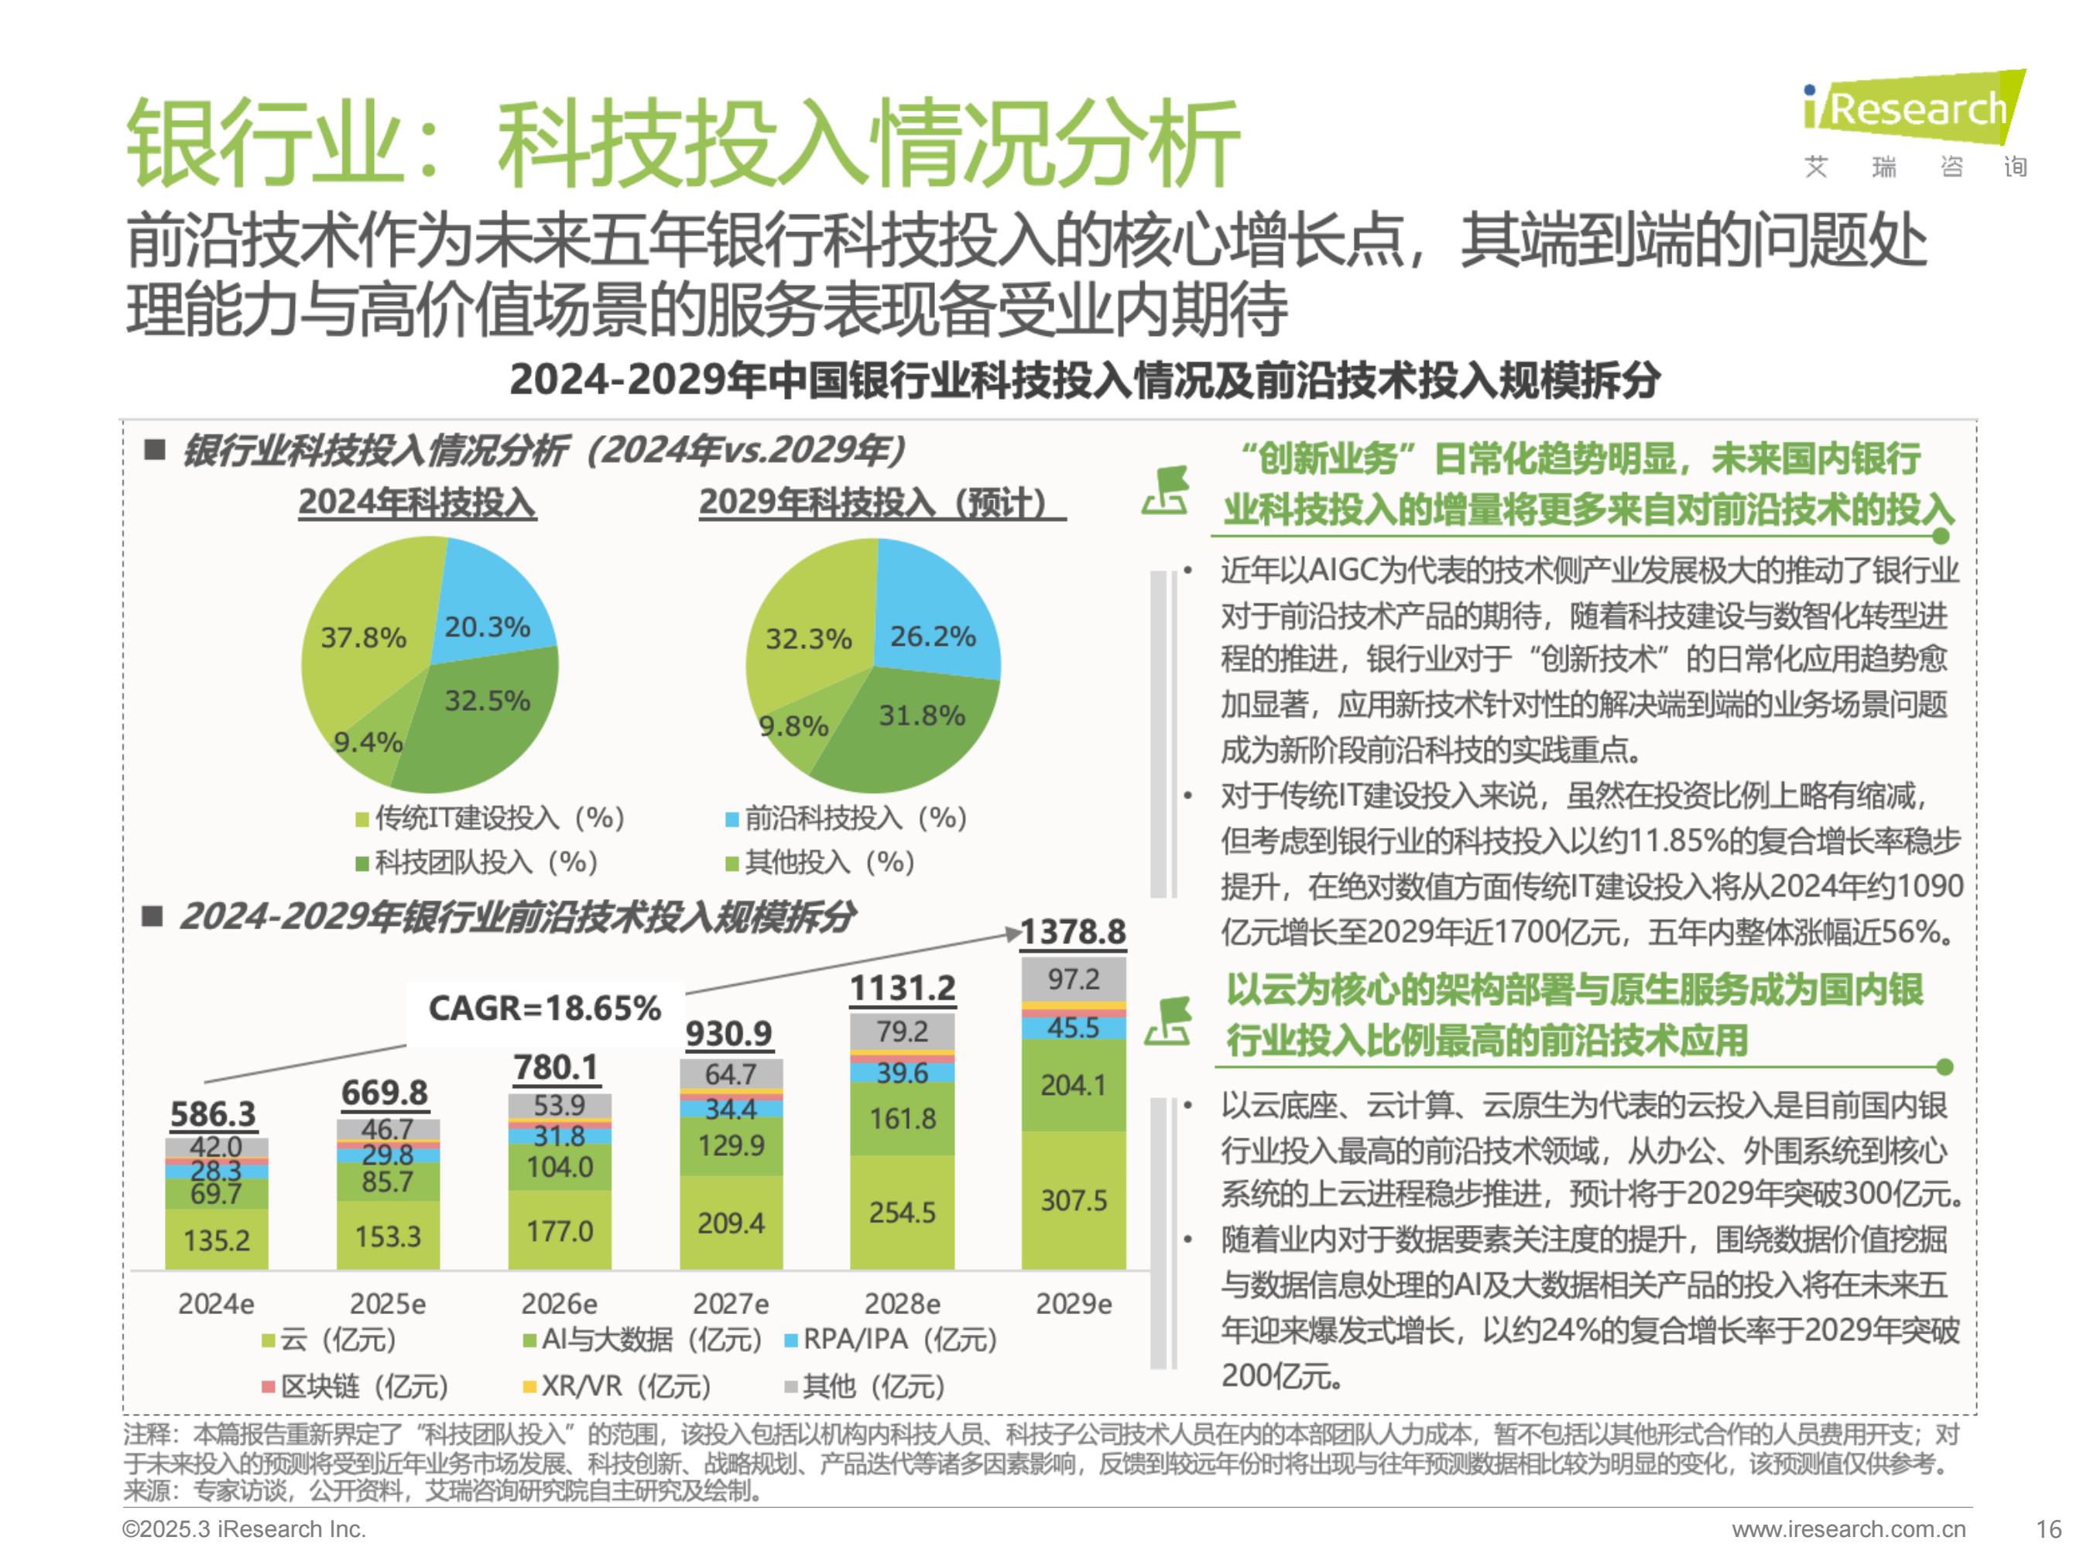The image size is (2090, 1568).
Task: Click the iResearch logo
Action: pos(1914,124)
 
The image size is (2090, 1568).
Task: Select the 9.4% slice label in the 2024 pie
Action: pos(368,742)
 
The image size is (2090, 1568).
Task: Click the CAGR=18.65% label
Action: pos(544,1008)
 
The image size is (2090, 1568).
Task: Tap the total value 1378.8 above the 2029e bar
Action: pos(1074,932)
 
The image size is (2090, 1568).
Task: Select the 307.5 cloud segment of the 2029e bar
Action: pos(1074,1200)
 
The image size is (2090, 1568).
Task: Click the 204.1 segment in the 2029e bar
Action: pos(1074,1085)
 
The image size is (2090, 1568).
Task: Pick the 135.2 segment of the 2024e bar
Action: pos(217,1239)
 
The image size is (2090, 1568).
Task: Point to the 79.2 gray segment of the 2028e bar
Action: pos(903,1031)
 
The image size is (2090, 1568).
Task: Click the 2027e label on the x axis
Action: pos(731,1304)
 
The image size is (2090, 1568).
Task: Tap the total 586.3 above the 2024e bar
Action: pos(214,1114)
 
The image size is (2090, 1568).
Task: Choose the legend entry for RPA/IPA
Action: pos(892,1340)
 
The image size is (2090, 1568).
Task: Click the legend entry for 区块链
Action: pos(355,1387)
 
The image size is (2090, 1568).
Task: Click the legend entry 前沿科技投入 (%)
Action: pos(847,818)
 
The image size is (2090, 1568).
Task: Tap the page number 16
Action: pos(2048,1529)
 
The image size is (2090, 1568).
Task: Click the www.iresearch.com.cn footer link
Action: pos(1848,1529)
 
